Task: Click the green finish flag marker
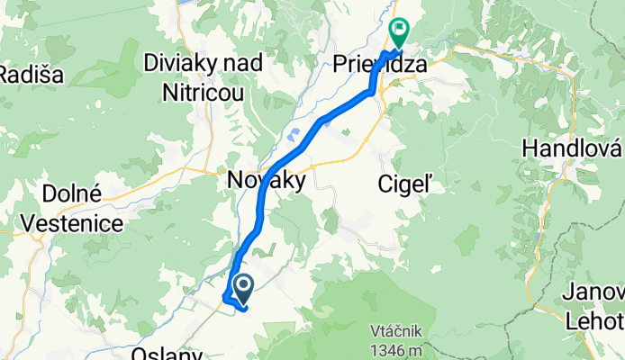(x=398, y=31)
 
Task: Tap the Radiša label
(x=29, y=74)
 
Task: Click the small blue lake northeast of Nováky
(x=294, y=136)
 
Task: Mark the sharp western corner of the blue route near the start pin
(x=223, y=294)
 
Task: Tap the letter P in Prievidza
(x=340, y=65)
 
